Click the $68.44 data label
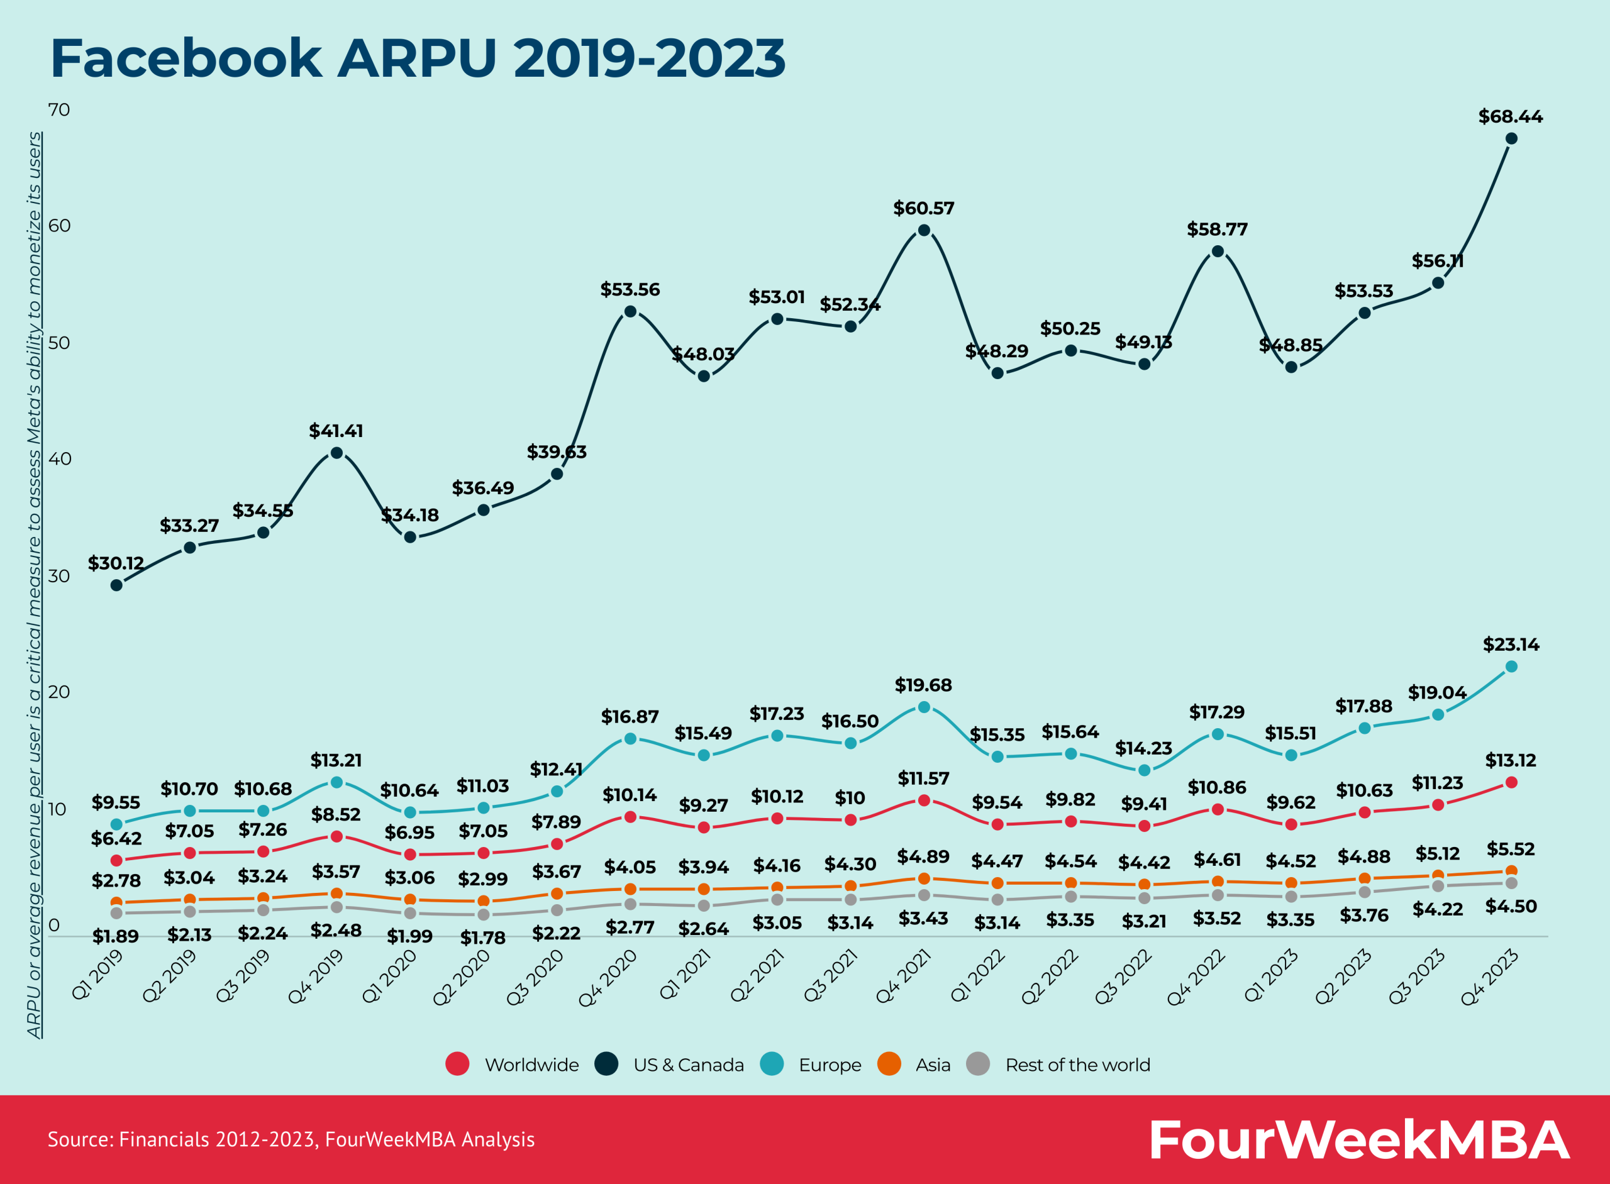1511,117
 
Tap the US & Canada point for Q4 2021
924,230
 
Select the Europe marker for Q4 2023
1511,667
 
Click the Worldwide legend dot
457,1065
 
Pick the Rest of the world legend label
1077,1065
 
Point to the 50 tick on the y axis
58,343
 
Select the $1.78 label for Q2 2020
482,938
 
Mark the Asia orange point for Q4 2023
1511,871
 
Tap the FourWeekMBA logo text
1358,1139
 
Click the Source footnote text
291,1139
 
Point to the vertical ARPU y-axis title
34,584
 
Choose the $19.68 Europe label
923,685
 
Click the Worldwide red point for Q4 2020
630,817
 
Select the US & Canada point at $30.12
116,585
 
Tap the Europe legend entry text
830,1065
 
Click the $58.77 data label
1217,230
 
